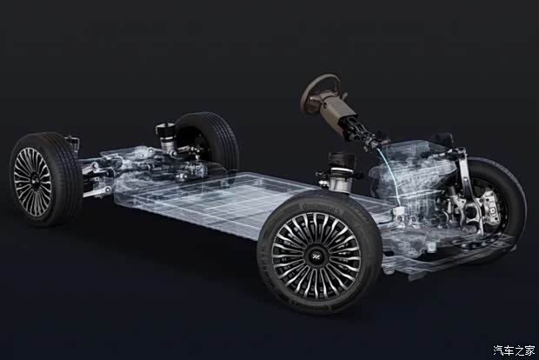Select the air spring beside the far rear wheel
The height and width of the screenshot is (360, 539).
[x=166, y=137]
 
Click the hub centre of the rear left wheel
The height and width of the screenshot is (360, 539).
[x=34, y=181]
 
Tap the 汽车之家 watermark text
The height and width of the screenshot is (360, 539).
[x=515, y=350]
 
